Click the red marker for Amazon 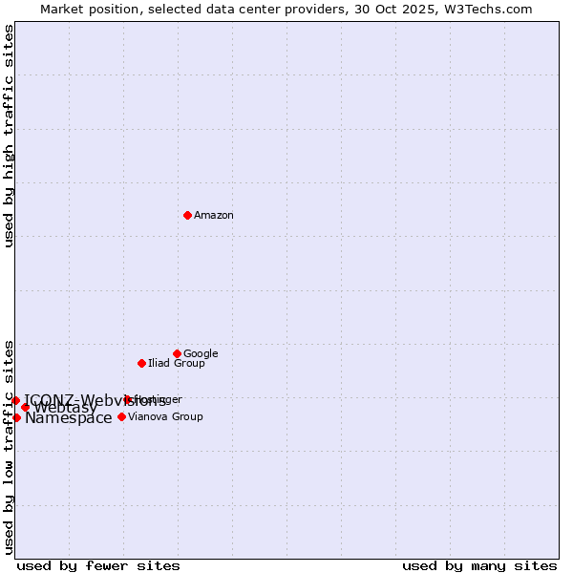tap(187, 215)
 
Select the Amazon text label tap(214, 216)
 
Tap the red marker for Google tap(177, 353)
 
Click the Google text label tap(201, 354)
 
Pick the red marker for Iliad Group tap(141, 363)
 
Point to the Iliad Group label tap(177, 364)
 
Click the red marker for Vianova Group tap(121, 416)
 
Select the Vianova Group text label tap(165, 417)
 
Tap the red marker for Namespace tap(16, 417)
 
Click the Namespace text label tap(69, 418)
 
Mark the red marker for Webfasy tap(26, 408)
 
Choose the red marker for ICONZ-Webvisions tap(15, 400)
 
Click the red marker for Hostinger tap(127, 399)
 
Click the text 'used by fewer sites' tap(98, 566)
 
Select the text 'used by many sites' tap(479, 566)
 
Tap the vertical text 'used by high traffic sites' tap(9, 136)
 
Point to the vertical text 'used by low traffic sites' tap(9, 446)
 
